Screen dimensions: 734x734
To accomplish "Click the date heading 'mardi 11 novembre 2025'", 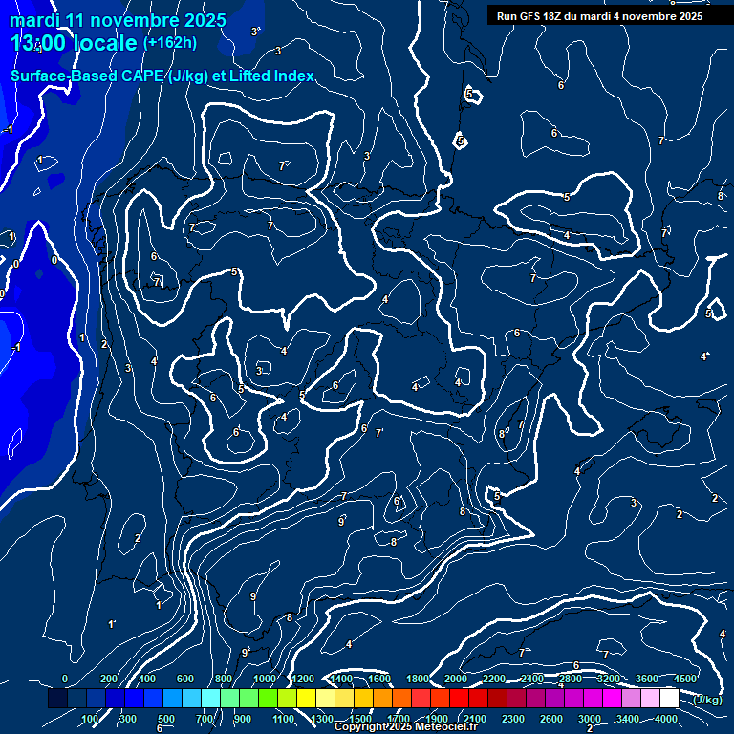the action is pyautogui.click(x=119, y=20).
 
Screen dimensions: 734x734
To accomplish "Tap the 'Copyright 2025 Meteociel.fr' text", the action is pyautogui.click(x=405, y=727).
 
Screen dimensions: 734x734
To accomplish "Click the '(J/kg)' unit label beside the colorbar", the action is pyautogui.click(x=707, y=700).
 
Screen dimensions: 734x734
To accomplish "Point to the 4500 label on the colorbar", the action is pyautogui.click(x=685, y=679).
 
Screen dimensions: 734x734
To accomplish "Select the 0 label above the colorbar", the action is pyautogui.click(x=64, y=679).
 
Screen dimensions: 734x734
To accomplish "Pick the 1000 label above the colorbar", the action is pyautogui.click(x=264, y=679).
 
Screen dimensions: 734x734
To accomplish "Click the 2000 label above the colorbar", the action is pyautogui.click(x=456, y=679).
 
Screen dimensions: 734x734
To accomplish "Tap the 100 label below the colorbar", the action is pyautogui.click(x=91, y=719).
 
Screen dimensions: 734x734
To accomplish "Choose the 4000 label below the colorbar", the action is pyautogui.click(x=666, y=719).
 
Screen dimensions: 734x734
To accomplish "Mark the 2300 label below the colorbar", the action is pyautogui.click(x=513, y=719).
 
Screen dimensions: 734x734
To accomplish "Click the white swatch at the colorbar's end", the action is pyautogui.click(x=669, y=699).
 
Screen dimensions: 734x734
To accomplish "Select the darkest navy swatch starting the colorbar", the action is pyautogui.click(x=57, y=699).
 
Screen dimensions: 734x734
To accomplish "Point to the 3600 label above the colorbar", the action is pyautogui.click(x=647, y=679).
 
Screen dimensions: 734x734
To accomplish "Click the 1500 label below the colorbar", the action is pyautogui.click(x=360, y=719).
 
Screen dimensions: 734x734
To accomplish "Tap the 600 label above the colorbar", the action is pyautogui.click(x=185, y=679).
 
